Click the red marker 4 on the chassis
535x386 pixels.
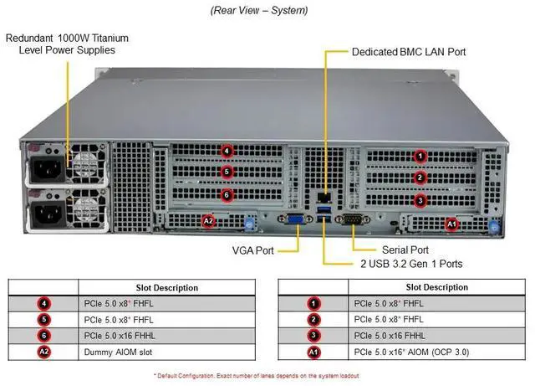point(227,152)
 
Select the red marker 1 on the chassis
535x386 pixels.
point(421,156)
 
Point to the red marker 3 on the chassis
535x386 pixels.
point(421,199)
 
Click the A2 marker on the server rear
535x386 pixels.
point(209,221)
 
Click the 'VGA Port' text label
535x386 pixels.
point(252,250)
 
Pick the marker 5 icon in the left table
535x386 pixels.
point(44,319)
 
